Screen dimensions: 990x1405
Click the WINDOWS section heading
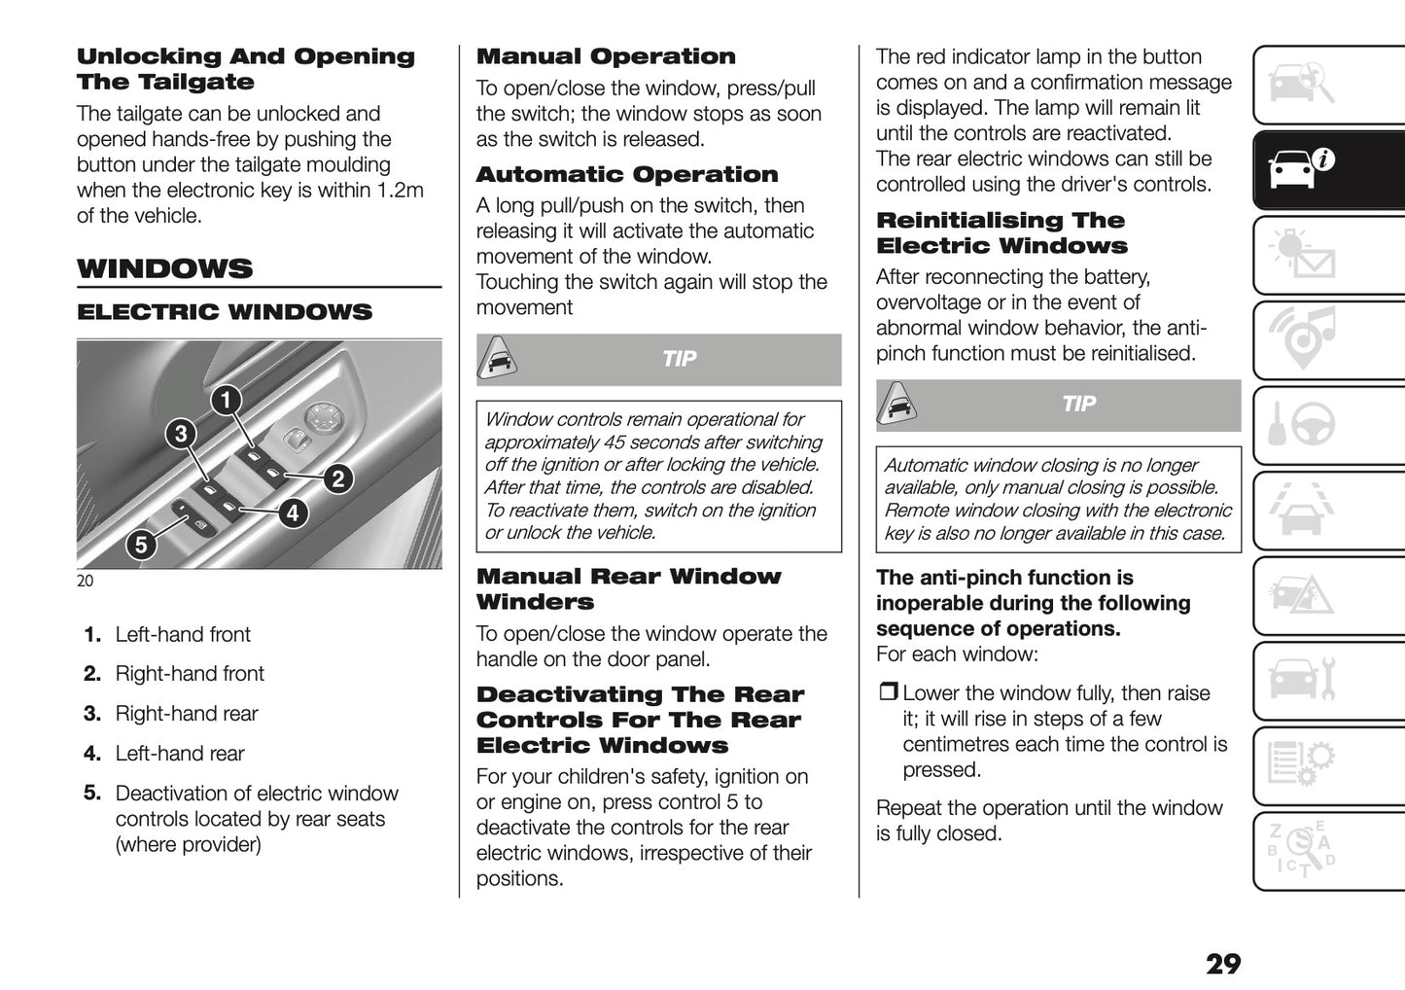click(165, 268)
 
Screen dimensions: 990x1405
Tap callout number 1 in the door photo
click(226, 399)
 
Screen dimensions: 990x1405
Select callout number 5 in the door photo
click(141, 545)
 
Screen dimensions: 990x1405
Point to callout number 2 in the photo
click(337, 477)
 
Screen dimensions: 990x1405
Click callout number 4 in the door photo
click(293, 513)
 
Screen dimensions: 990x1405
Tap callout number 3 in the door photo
click(181, 433)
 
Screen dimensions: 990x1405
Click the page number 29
click(1222, 964)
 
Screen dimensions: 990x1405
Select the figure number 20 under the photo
click(86, 581)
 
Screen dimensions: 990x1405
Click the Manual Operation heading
click(606, 56)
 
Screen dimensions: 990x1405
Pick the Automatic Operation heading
click(627, 175)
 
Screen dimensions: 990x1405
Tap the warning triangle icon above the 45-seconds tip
click(497, 360)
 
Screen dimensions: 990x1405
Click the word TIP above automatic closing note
click(1078, 404)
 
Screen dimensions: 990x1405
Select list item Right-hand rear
click(186, 714)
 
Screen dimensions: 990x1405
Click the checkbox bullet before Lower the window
click(887, 693)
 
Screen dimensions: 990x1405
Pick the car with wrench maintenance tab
click(1302, 678)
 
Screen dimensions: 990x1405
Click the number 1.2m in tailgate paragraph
click(401, 191)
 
